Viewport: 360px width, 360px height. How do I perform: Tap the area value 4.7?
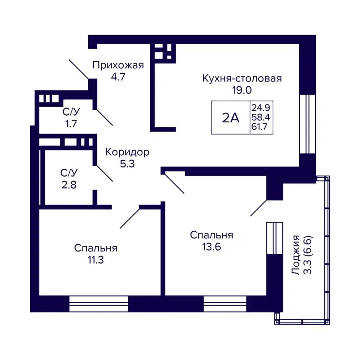click(118, 76)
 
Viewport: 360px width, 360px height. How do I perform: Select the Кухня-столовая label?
click(242, 79)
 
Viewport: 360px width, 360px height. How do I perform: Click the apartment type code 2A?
click(230, 118)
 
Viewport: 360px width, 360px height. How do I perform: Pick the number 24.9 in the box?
click(261, 108)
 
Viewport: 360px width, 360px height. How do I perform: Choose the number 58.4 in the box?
click(261, 118)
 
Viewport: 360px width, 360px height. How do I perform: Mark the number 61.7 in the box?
click(261, 128)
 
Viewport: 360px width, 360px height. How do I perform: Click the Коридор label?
click(127, 152)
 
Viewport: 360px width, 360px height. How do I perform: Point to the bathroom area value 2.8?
click(70, 184)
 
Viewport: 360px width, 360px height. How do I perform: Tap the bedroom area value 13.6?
click(211, 246)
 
